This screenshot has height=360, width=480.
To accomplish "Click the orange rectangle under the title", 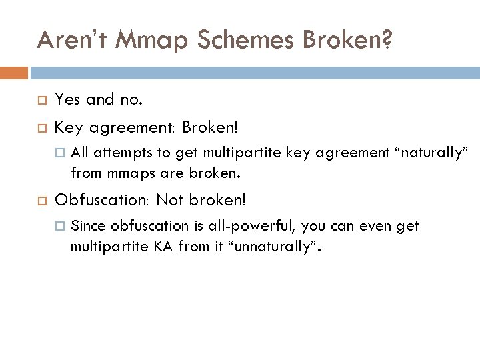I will [x=14, y=72].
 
